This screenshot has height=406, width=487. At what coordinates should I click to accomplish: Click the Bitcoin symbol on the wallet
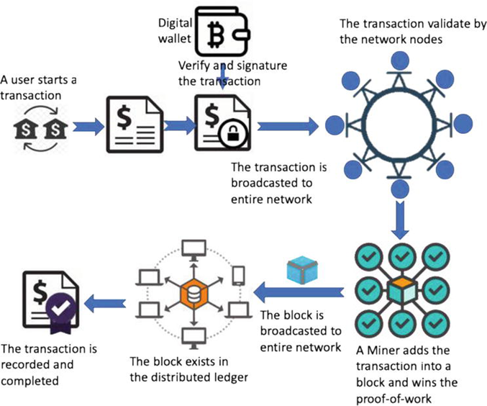click(x=216, y=33)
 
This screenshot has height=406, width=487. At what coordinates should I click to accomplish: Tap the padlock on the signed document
click(x=233, y=134)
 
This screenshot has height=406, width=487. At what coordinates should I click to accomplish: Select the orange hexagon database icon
click(x=194, y=293)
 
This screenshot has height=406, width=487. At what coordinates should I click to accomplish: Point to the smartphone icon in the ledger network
click(x=239, y=276)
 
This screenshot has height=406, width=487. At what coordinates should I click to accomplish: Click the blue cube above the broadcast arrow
click(x=302, y=270)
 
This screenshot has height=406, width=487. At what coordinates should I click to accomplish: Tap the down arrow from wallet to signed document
click(x=222, y=77)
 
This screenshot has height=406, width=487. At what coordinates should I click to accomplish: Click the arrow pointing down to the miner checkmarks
click(x=400, y=220)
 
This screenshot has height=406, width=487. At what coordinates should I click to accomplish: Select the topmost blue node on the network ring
click(x=400, y=60)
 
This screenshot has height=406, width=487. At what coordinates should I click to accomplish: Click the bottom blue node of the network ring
click(x=400, y=189)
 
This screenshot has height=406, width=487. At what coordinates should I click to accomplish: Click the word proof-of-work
click(x=393, y=399)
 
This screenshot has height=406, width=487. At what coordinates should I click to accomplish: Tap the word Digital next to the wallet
click(x=176, y=23)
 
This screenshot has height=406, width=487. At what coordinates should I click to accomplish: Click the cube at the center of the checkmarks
click(x=402, y=291)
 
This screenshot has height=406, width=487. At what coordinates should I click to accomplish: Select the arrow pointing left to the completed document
click(x=105, y=303)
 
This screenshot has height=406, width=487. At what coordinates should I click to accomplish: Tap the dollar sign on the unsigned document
click(x=124, y=117)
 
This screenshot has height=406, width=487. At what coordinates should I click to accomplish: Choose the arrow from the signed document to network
click(x=288, y=126)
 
